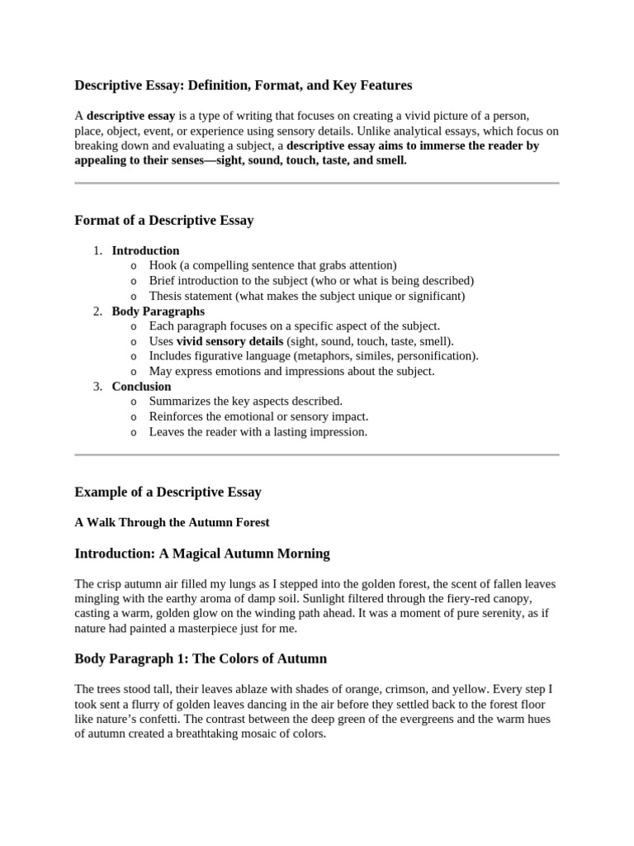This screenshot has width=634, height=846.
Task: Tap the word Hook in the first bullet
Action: [163, 265]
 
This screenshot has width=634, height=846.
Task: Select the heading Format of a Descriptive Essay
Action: [164, 221]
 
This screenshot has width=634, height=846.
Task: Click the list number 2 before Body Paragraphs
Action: [97, 311]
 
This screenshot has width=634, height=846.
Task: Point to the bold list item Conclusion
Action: [141, 386]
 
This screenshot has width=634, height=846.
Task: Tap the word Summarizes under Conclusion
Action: [178, 402]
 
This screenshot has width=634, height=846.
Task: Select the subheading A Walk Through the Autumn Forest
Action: [172, 522]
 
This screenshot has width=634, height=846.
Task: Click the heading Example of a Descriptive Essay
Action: [168, 492]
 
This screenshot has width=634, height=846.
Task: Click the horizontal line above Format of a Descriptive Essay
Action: [317, 183]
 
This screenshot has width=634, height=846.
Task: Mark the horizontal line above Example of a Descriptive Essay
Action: [317, 454]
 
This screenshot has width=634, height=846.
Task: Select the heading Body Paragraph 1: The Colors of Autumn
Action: [201, 658]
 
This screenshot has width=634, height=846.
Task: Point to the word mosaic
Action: [238, 734]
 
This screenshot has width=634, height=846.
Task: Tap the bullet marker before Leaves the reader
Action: [134, 432]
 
